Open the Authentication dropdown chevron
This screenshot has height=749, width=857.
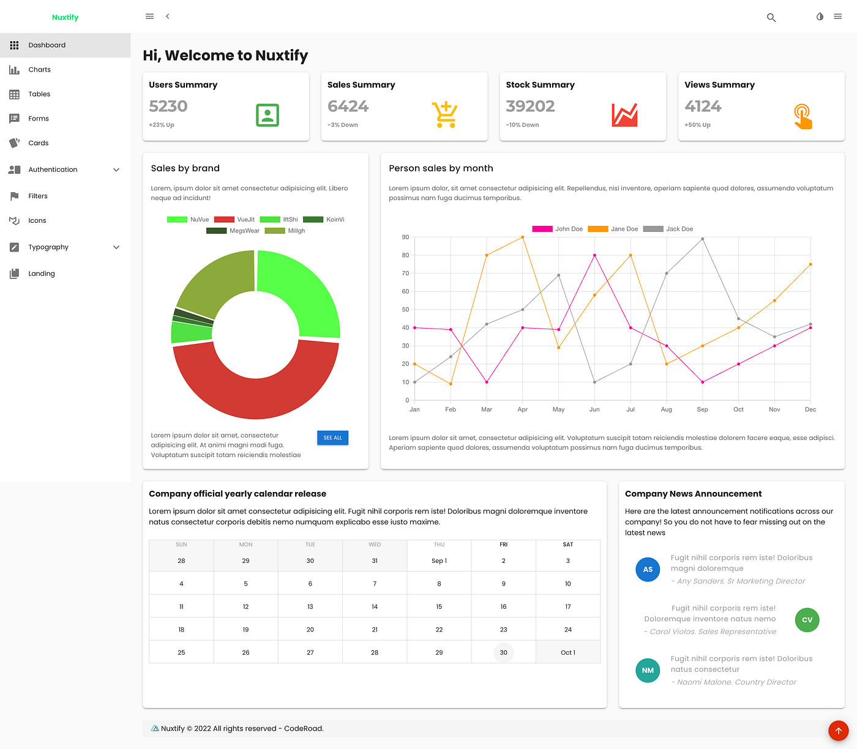point(116,170)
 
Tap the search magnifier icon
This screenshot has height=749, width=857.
point(771,17)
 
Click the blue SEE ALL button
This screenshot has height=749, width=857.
point(332,438)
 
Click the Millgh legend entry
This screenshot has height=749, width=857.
point(285,231)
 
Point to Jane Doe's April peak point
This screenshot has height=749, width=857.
point(522,237)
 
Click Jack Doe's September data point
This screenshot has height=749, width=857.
point(703,239)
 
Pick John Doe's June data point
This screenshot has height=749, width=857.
point(594,255)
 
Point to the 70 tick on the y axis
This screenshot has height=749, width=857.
point(405,274)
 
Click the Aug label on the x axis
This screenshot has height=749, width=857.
point(666,409)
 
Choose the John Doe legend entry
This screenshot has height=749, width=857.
point(557,229)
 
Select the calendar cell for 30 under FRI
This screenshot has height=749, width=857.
point(503,652)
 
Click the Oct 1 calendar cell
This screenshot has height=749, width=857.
point(567,652)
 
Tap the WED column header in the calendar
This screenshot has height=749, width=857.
point(375,544)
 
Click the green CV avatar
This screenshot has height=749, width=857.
point(807,620)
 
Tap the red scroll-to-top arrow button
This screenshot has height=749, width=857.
point(838,731)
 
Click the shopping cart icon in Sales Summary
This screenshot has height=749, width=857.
point(445,114)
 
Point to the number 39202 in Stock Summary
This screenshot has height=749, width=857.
point(530,106)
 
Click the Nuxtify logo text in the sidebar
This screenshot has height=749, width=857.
point(65,17)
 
